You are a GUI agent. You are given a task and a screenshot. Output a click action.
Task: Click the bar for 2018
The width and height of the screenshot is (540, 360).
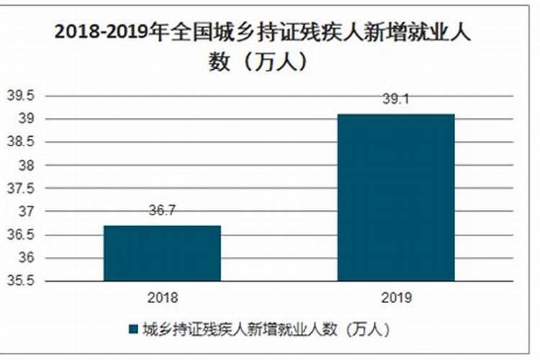point(162,253)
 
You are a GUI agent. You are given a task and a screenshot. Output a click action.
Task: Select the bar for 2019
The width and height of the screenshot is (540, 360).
point(396,197)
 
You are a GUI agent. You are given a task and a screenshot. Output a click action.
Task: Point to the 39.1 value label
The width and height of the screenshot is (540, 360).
point(396,101)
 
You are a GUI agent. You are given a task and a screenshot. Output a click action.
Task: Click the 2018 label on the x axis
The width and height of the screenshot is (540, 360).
point(162,297)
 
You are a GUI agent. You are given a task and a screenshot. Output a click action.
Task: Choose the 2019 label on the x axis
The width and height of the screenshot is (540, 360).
point(396,297)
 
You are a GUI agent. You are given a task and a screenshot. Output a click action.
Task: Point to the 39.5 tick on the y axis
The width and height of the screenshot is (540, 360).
point(20,96)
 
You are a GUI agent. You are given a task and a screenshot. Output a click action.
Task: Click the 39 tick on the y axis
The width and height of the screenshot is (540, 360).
point(27,119)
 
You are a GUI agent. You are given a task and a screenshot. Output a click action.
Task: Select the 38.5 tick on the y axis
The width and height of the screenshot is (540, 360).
point(20,142)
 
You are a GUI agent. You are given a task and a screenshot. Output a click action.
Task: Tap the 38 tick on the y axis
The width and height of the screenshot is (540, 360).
point(27,165)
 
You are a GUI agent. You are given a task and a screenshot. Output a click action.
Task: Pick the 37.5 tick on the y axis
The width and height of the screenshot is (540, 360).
point(20,189)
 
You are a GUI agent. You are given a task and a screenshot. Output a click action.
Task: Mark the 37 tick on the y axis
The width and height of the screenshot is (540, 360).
point(27,212)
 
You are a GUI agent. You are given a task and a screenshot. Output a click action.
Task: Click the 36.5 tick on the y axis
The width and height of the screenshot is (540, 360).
point(20,235)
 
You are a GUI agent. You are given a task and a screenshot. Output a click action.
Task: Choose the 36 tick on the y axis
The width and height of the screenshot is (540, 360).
point(27,258)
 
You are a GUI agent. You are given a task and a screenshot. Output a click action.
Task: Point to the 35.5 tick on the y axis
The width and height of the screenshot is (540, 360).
point(20,281)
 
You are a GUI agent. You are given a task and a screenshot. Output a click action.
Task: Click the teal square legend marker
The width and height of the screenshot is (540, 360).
point(133,330)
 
